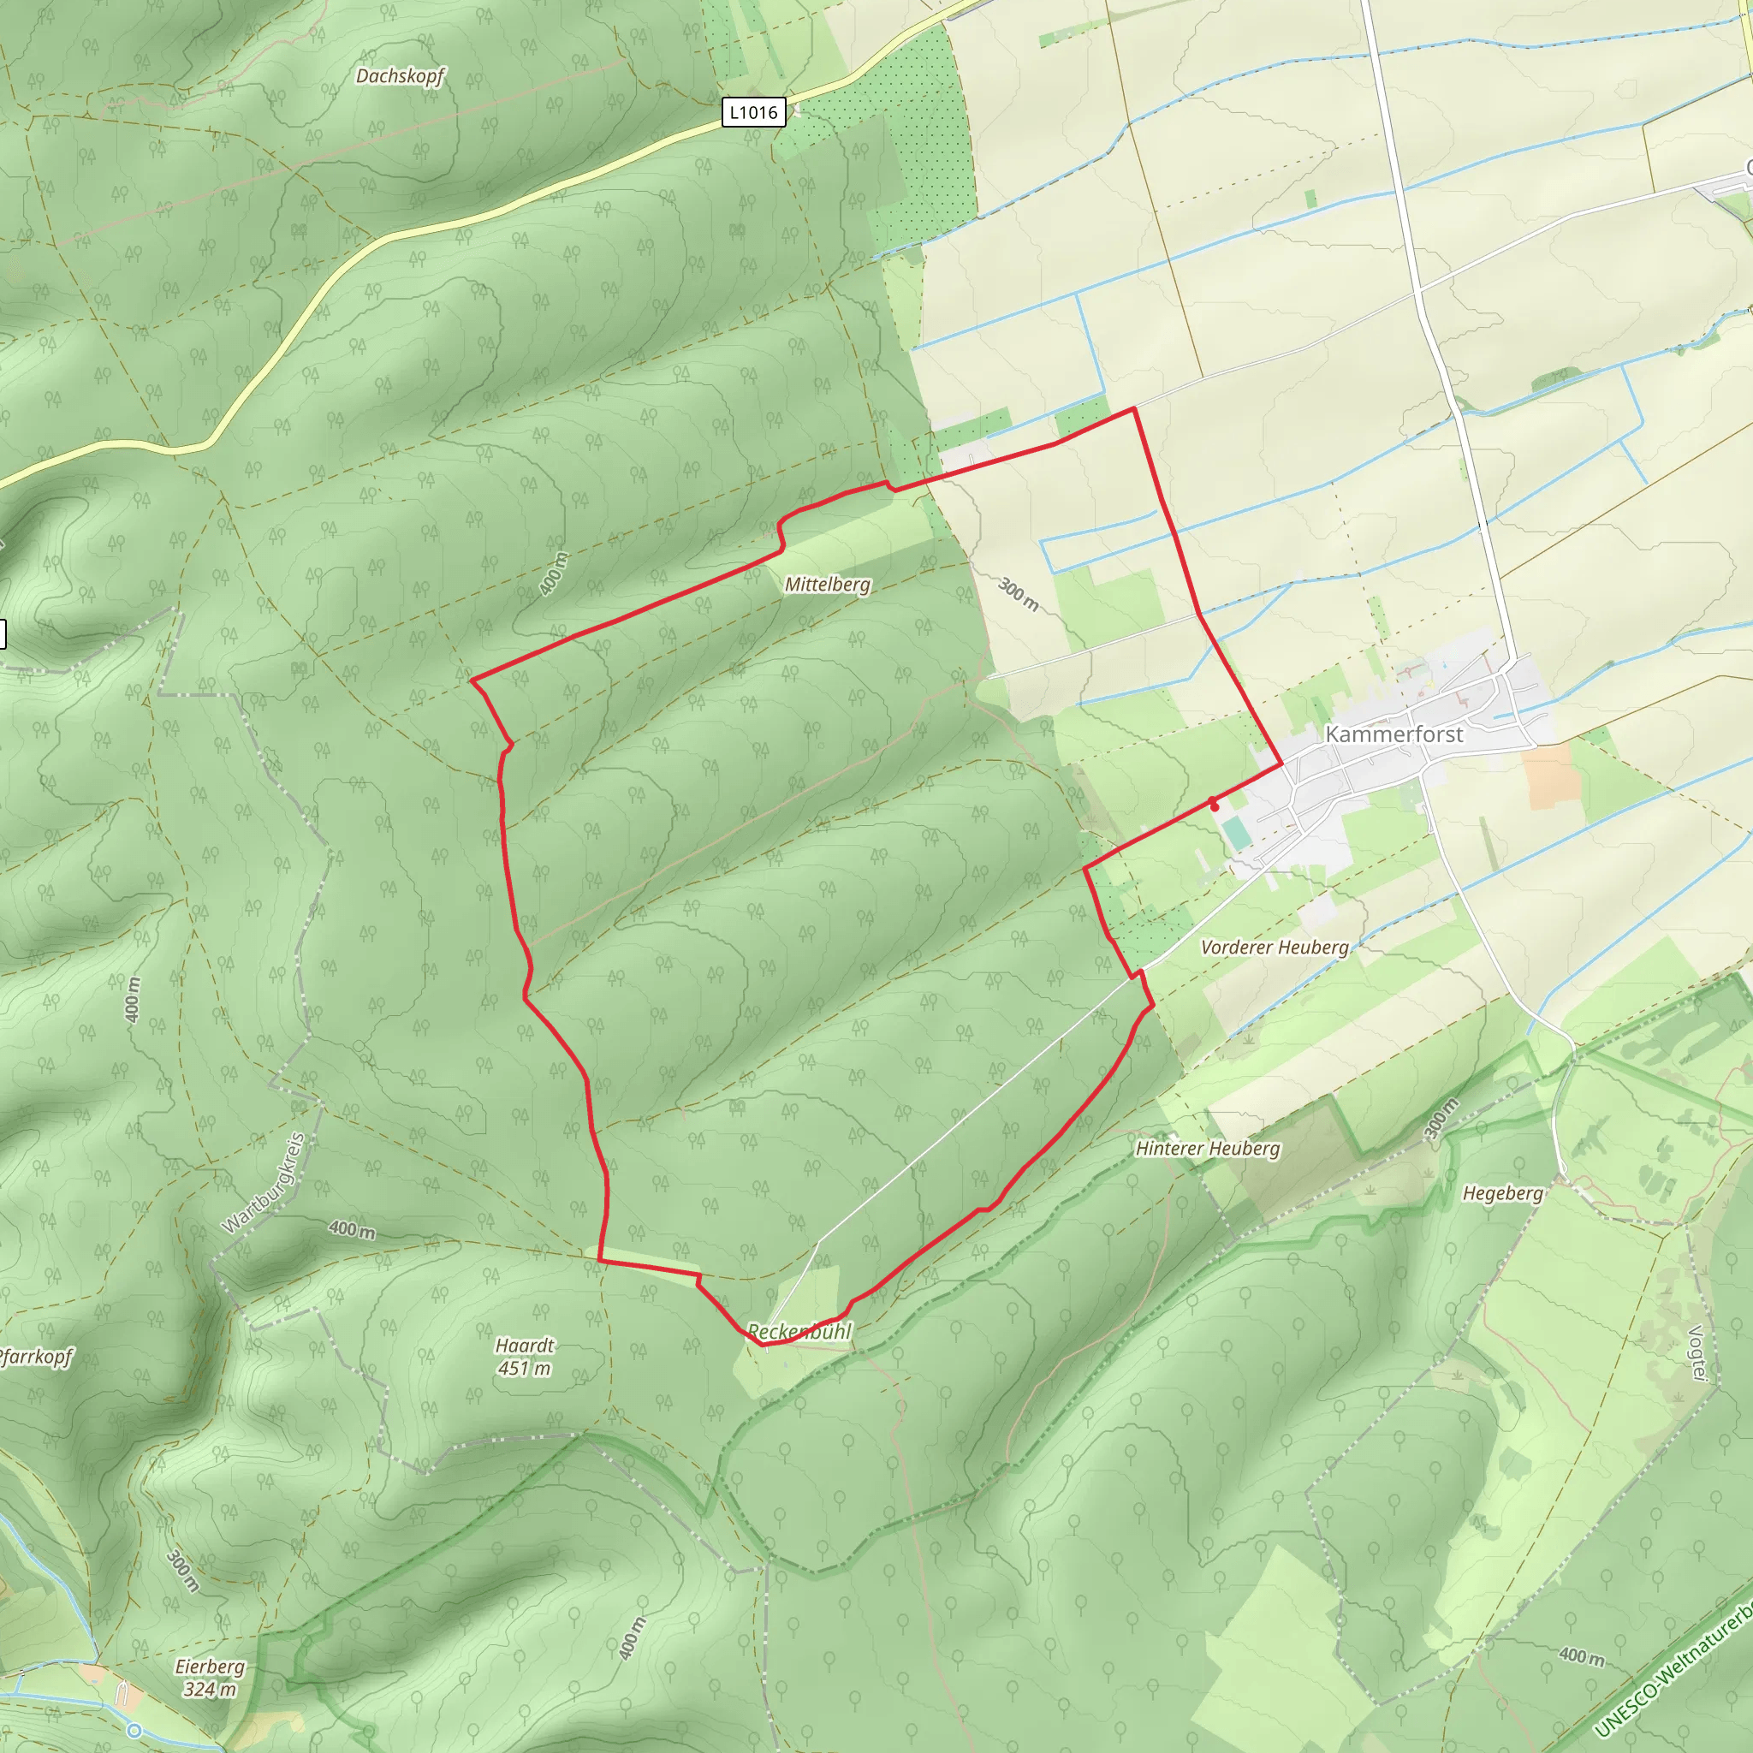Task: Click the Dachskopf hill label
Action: (x=399, y=76)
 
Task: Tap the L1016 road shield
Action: (x=753, y=112)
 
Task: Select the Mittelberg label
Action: (x=827, y=585)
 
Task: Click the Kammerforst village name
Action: (x=1393, y=734)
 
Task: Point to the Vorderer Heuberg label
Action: (x=1274, y=948)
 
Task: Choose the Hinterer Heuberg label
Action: (x=1207, y=1149)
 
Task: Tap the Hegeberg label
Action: (x=1502, y=1193)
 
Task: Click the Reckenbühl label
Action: (x=799, y=1331)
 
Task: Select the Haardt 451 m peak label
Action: (x=525, y=1357)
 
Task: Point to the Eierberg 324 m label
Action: (x=210, y=1678)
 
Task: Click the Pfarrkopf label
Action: (x=34, y=1358)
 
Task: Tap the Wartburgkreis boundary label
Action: (x=264, y=1183)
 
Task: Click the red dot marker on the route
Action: (x=1214, y=805)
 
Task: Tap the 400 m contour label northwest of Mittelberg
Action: (x=554, y=573)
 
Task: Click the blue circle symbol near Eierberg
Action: (x=135, y=1730)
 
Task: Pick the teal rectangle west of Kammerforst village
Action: (x=1236, y=833)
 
